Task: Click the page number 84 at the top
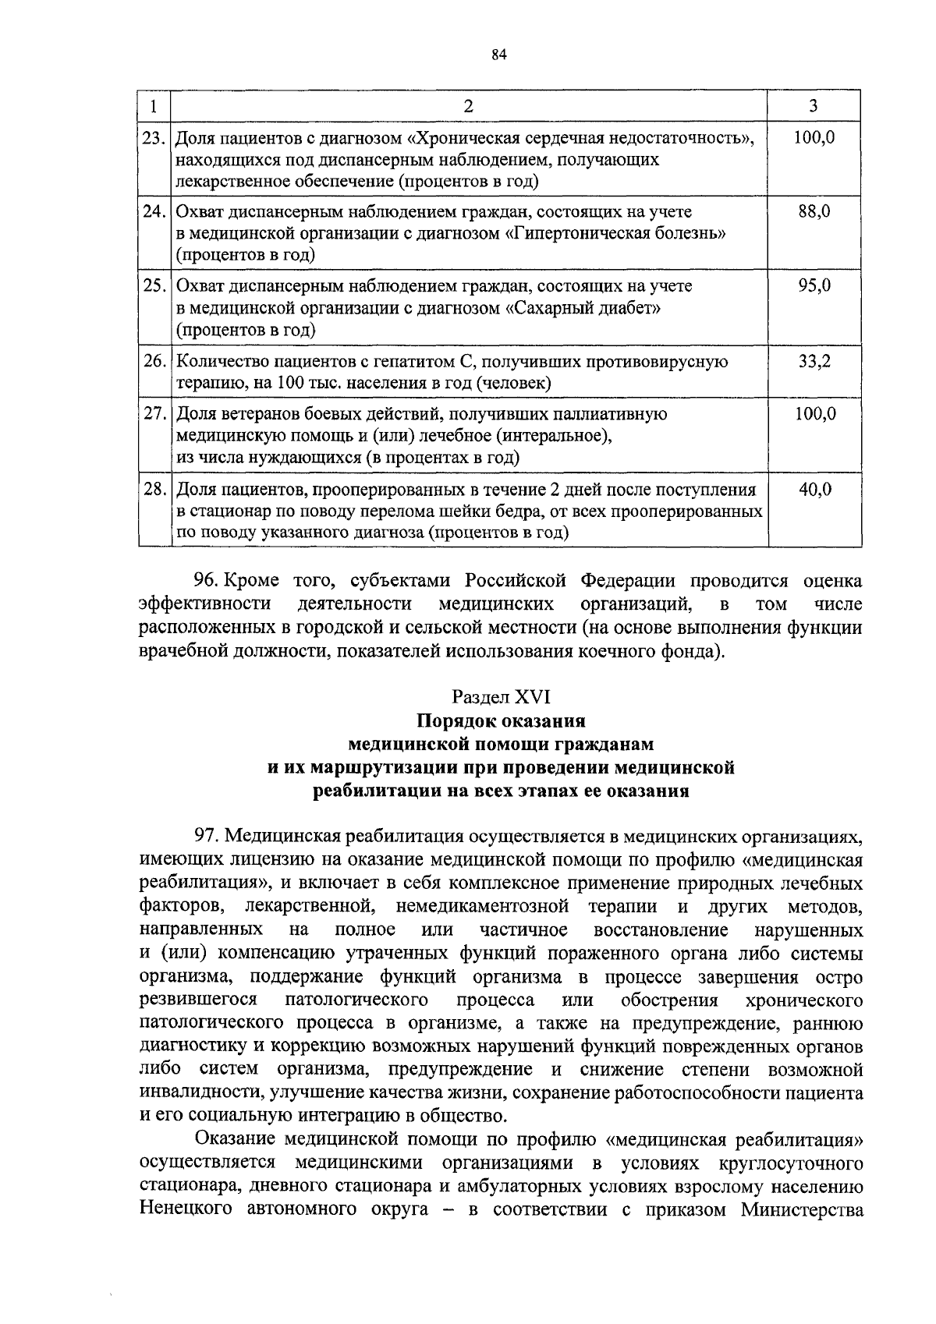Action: click(x=500, y=54)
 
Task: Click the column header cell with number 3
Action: click(x=814, y=106)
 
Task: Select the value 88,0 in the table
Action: click(x=814, y=211)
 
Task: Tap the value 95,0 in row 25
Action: click(x=814, y=286)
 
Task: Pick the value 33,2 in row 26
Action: click(x=814, y=362)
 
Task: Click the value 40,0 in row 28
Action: click(x=814, y=490)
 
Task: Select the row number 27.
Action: click(x=154, y=414)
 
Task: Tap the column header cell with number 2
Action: click(x=468, y=106)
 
